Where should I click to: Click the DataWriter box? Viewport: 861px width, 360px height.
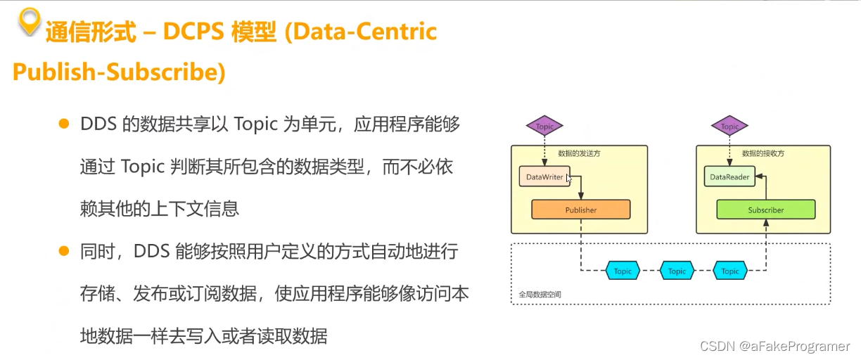[x=544, y=176]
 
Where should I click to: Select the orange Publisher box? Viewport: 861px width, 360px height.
[x=580, y=210]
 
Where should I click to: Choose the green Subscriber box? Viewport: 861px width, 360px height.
[x=765, y=210]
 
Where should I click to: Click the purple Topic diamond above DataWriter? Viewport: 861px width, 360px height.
[x=544, y=127]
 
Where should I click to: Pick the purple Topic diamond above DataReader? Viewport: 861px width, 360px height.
[x=730, y=127]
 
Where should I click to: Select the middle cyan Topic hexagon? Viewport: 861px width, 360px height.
[x=677, y=271]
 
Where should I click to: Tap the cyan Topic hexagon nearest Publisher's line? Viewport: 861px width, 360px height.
[x=623, y=271]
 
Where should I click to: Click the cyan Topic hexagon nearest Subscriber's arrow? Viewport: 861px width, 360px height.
[x=730, y=271]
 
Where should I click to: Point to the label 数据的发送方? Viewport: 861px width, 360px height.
[x=579, y=153]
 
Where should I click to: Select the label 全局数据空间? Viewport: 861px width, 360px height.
[x=535, y=294]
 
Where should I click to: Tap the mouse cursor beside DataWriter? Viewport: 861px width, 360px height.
[x=570, y=179]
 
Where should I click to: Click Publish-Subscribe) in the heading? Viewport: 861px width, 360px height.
[x=119, y=73]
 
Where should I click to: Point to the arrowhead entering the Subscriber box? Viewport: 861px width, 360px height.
[x=765, y=223]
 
